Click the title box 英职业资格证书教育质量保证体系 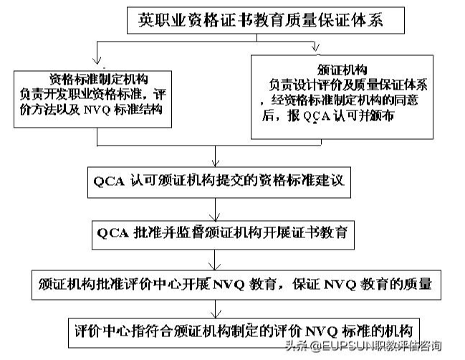(266, 20)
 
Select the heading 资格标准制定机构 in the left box (99, 79)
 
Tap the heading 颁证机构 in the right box (342, 70)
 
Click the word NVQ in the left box (97, 110)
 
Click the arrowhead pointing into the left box (97, 60)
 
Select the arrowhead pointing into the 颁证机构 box (315, 47)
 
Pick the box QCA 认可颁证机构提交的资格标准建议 (219, 182)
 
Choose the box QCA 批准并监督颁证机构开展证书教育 (223, 235)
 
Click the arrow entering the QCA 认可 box (216, 156)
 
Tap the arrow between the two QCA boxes (215, 209)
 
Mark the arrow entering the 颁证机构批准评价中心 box (214, 260)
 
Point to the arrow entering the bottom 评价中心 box (216, 309)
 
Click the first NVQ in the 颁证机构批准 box (229, 285)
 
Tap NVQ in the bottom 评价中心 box (321, 331)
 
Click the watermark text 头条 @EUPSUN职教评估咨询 (363, 346)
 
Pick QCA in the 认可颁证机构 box (109, 181)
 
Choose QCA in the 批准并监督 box (113, 233)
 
